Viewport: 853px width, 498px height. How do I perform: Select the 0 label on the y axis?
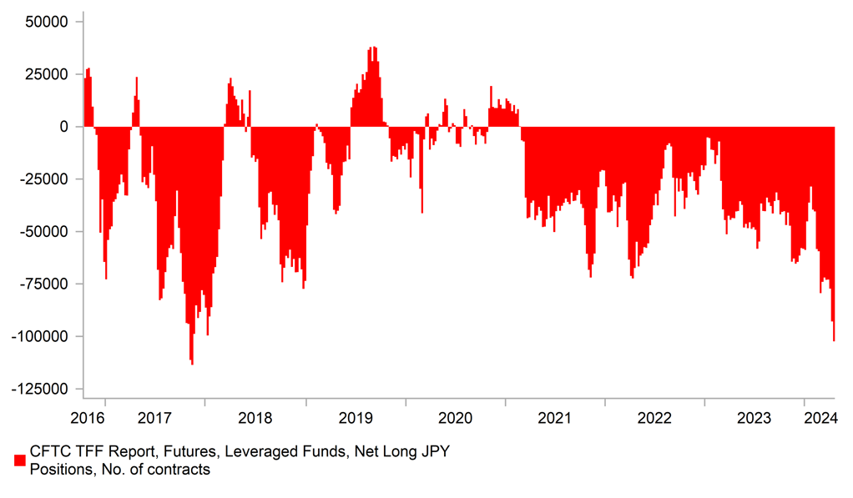(x=64, y=127)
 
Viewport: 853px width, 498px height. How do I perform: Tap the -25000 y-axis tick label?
(x=47, y=179)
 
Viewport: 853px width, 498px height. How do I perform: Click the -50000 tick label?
(x=47, y=232)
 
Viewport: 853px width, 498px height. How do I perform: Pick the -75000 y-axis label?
(x=47, y=284)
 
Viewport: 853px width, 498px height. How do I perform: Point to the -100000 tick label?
(x=42, y=337)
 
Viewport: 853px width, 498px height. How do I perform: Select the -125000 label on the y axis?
(x=42, y=390)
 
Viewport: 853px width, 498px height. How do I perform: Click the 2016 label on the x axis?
(x=88, y=416)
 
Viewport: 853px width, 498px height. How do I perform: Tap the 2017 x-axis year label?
(x=154, y=416)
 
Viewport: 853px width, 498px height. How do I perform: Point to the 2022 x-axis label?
(x=654, y=416)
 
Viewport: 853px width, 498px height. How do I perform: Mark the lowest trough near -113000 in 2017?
(x=192, y=364)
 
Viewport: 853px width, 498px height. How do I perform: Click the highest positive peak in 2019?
(x=375, y=48)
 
